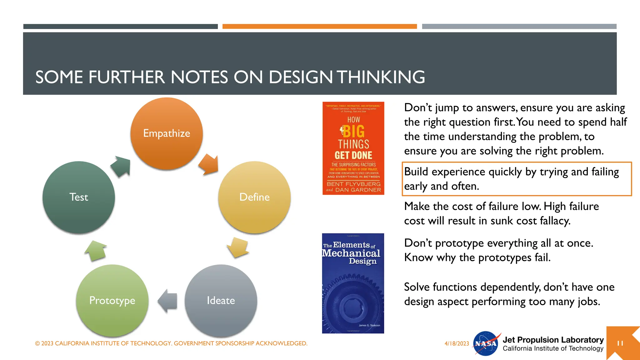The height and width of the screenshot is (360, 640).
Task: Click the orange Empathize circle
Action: point(167,134)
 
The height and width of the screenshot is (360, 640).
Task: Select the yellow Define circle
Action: point(254,197)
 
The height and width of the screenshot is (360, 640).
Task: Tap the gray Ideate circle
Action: point(221,301)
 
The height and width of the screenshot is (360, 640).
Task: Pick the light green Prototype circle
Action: point(112,301)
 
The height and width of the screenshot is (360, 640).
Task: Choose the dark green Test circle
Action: point(79,197)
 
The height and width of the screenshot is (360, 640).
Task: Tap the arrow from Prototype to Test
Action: point(96,250)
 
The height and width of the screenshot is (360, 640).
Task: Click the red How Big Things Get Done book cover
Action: point(353,148)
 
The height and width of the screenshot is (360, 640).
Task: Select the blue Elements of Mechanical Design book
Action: point(353,283)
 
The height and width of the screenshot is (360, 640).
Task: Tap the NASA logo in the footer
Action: point(486,343)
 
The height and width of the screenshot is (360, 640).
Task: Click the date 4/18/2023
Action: point(457,343)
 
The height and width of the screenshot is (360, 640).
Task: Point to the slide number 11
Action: point(620,343)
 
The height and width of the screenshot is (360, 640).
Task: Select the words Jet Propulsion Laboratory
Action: point(553,340)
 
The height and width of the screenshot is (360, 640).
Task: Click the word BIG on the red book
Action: point(354,132)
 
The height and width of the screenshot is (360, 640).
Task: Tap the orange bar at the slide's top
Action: point(319,27)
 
